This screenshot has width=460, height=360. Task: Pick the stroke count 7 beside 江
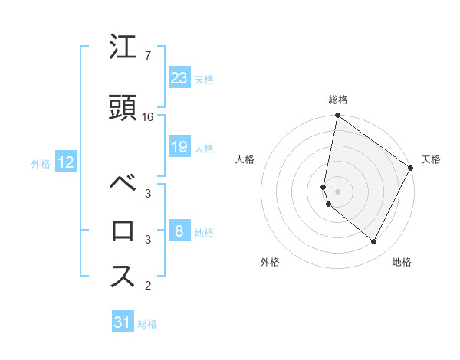(x=147, y=57)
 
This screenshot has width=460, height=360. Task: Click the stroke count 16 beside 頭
(x=149, y=117)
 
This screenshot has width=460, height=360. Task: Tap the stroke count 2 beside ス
(x=147, y=286)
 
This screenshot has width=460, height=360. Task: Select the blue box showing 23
(x=179, y=78)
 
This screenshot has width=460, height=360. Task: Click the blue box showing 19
(x=179, y=147)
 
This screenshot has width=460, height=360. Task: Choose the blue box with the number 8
(x=179, y=231)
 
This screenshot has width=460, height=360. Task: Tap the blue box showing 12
(x=65, y=162)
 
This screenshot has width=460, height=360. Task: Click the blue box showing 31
(x=122, y=322)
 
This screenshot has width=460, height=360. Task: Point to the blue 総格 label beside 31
(x=147, y=324)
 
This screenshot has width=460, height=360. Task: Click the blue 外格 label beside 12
(x=41, y=163)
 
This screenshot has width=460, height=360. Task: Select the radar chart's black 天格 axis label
(x=431, y=159)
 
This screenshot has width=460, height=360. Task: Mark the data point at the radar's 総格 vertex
(x=337, y=116)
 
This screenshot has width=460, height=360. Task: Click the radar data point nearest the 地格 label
(x=374, y=242)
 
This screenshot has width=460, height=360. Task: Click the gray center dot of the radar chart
(x=337, y=191)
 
